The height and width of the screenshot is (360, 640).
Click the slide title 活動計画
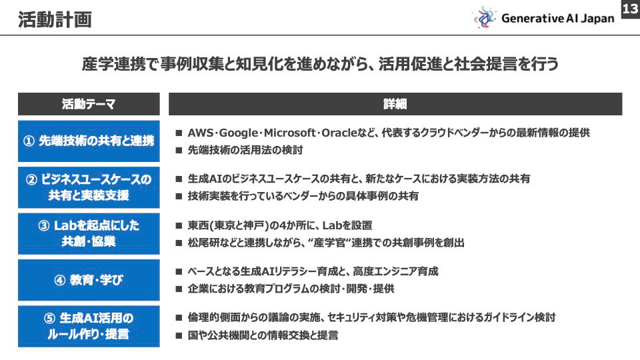click(55, 20)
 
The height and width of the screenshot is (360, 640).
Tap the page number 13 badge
click(629, 9)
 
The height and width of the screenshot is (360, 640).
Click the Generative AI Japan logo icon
click(485, 18)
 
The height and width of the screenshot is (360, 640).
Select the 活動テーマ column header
click(89, 104)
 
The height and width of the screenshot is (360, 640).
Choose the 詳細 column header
click(395, 104)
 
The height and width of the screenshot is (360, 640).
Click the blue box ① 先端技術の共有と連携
click(89, 141)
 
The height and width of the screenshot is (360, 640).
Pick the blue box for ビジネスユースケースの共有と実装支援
click(89, 187)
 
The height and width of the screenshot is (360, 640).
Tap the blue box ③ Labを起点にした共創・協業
click(89, 233)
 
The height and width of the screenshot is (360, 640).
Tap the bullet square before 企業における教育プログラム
click(179, 289)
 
